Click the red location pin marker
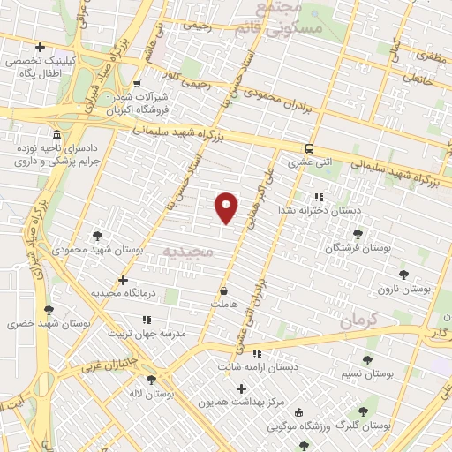point(228,207)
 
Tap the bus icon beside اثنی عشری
point(309,148)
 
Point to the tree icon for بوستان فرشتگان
point(358,234)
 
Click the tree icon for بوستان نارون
point(404,275)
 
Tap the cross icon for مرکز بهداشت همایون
point(241,388)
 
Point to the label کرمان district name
point(358,319)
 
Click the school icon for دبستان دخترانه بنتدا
point(319,197)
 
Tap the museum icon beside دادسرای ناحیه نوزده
point(56,135)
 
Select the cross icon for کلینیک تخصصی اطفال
point(40,47)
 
